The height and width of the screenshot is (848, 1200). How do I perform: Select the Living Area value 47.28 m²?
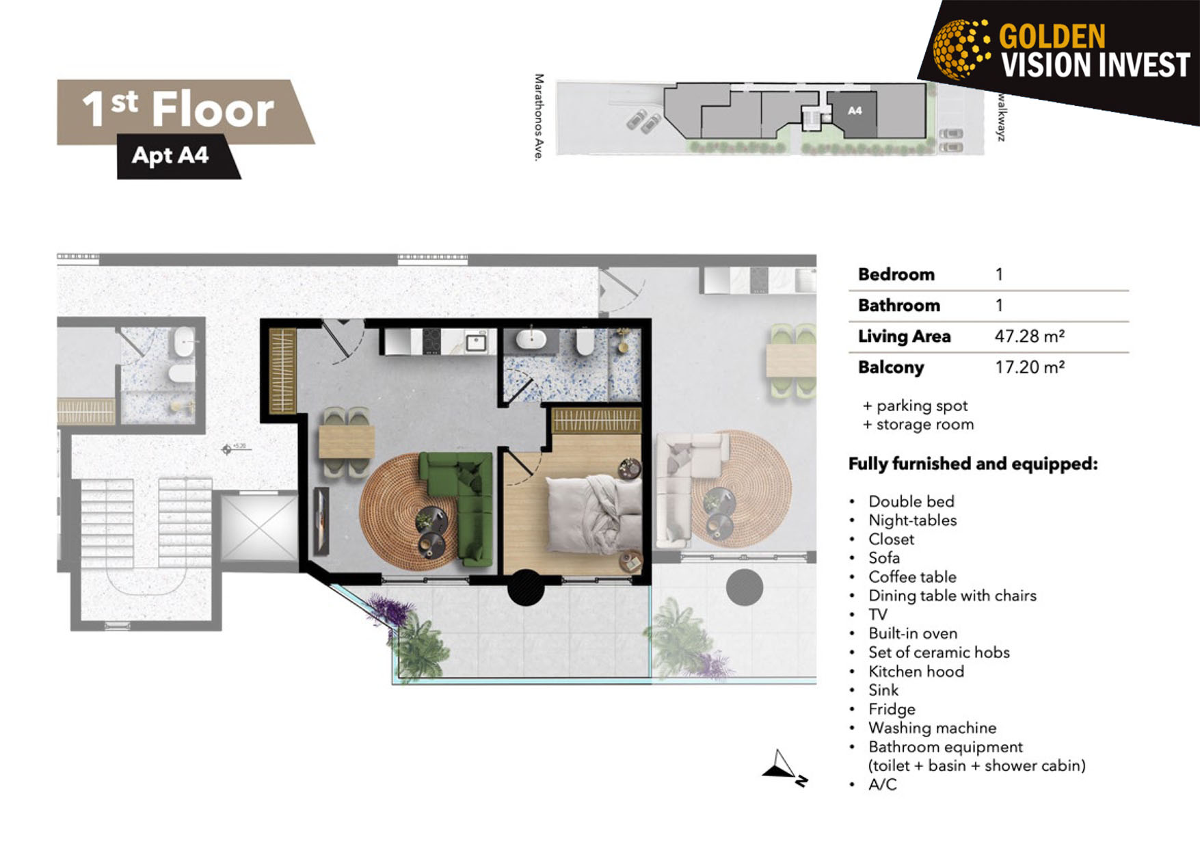pos(1029,336)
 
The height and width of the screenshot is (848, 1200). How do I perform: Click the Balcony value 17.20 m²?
pos(1029,367)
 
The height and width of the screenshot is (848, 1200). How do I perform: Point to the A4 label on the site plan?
pos(855,111)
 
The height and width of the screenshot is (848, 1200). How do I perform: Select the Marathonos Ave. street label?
pos(539,118)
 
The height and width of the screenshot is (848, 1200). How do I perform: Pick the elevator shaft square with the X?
pos(259,527)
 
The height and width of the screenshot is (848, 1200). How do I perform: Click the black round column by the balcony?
pos(526,587)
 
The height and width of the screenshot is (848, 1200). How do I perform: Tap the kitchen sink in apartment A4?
pos(476,342)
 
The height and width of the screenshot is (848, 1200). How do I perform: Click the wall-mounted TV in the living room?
pos(321,521)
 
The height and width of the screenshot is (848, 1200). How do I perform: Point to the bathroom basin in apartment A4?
pos(531,339)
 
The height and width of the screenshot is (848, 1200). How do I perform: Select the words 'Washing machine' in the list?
pos(932,728)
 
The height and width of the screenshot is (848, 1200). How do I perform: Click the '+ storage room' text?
pos(918,425)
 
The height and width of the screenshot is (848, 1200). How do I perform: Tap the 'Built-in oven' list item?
pos(913,633)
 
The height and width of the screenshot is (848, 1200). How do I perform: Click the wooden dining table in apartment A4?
pos(347,442)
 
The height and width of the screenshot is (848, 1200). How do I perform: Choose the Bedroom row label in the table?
pos(896,274)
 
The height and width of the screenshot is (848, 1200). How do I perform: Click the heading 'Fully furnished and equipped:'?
pos(973,464)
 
